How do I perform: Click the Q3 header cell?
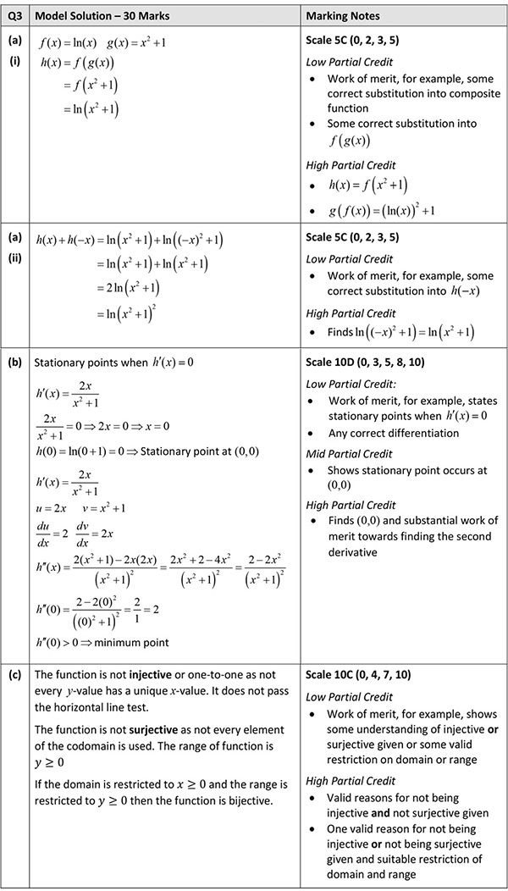tap(14, 16)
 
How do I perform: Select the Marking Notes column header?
tap(343, 16)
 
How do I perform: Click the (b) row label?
tap(14, 362)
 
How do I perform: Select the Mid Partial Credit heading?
tap(349, 455)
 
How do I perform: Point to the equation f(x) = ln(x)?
tap(69, 42)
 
